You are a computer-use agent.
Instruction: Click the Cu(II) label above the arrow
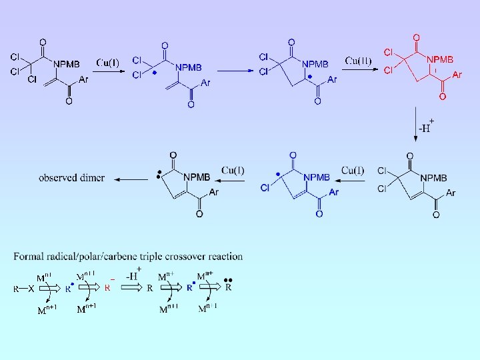[359, 61]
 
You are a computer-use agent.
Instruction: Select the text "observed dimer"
[71, 178]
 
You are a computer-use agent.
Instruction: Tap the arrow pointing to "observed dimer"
[131, 179]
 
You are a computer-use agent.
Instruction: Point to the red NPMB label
[439, 60]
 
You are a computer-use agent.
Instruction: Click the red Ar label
[457, 75]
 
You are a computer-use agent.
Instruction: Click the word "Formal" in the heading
[28, 257]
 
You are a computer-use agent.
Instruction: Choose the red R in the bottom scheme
[107, 289]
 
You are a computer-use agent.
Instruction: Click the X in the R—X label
[31, 289]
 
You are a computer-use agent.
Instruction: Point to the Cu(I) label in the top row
[107, 63]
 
